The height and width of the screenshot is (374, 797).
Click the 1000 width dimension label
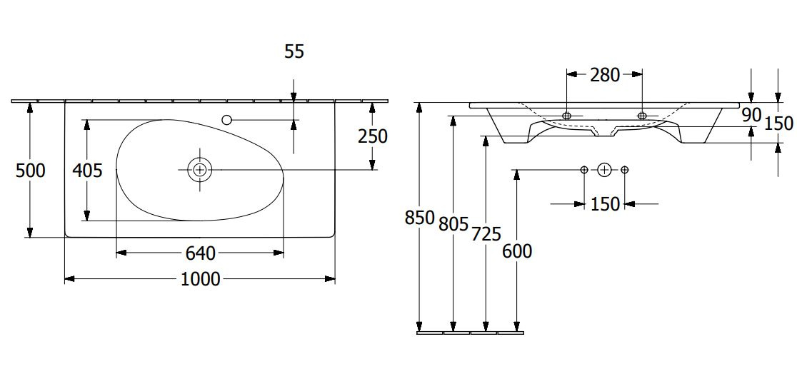(200, 279)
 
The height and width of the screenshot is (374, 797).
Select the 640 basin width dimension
(200, 253)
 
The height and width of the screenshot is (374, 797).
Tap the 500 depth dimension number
(31, 171)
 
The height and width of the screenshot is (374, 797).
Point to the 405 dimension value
(87, 171)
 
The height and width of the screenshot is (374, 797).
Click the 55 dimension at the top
(294, 51)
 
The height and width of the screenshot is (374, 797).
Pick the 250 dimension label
(373, 136)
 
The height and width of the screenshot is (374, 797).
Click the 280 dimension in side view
(605, 75)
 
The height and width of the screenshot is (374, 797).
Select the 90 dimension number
(751, 116)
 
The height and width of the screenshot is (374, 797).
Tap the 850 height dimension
(420, 218)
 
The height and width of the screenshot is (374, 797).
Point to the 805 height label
(453, 223)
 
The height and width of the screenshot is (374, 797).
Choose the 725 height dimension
(486, 234)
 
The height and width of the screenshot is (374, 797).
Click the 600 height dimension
(517, 251)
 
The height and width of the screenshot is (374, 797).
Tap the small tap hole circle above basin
(226, 120)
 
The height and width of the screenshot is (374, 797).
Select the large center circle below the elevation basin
(604, 170)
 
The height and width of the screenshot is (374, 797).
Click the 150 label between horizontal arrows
(605, 204)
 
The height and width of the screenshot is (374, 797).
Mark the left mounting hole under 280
(567, 116)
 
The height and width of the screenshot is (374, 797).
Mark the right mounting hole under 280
(642, 116)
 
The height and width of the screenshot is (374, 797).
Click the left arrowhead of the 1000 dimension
(70, 279)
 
